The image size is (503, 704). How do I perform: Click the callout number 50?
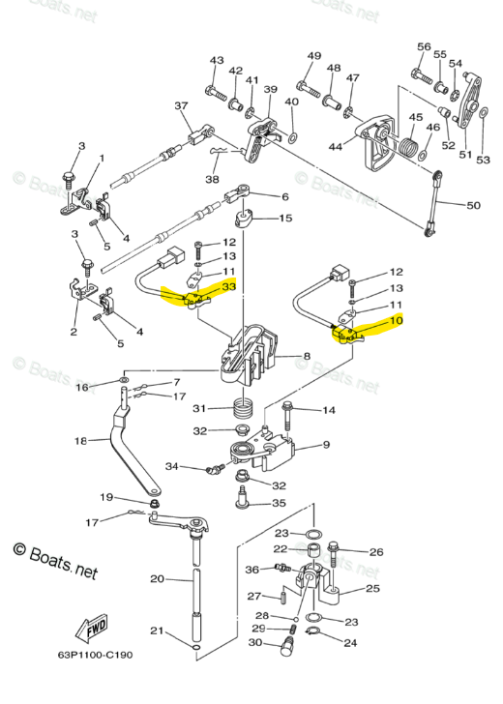tap(473, 206)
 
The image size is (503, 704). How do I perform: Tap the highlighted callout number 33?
tap(229, 287)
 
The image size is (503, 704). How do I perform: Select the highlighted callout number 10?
tap(397, 321)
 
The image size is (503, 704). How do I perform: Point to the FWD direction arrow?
tap(96, 627)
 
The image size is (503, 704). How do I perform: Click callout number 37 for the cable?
tap(181, 105)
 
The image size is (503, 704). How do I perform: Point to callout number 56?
tap(424, 46)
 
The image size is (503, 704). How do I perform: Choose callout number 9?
tap(326, 445)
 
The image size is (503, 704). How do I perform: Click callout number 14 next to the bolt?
tap(328, 410)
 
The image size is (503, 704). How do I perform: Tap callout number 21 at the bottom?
tap(156, 631)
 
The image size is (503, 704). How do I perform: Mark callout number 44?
tap(336, 147)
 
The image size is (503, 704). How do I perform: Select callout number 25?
tap(372, 587)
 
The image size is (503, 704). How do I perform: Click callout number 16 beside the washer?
tap(82, 387)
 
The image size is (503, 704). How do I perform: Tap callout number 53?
tap(483, 160)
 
